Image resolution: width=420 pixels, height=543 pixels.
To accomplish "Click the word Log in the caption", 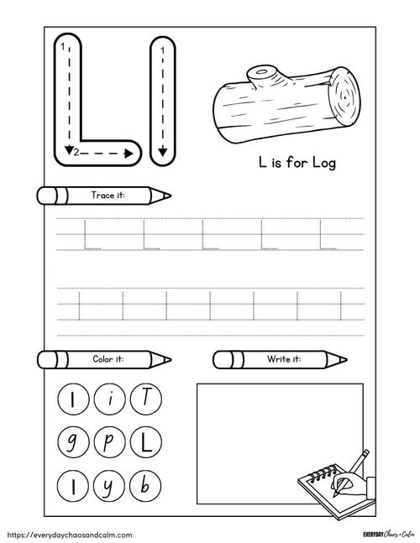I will [x=323, y=163].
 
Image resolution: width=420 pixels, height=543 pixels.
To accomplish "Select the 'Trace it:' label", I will [x=108, y=196].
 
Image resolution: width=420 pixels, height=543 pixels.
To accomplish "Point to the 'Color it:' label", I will [x=108, y=359].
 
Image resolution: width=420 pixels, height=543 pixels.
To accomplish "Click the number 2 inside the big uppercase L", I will [x=76, y=153].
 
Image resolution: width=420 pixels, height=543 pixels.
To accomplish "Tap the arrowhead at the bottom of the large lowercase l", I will [x=160, y=152].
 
